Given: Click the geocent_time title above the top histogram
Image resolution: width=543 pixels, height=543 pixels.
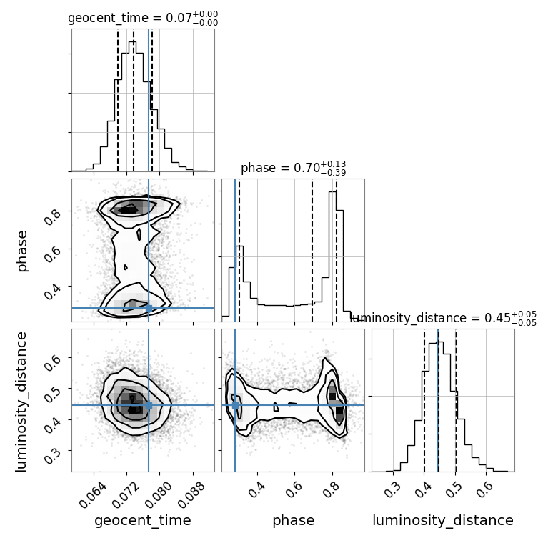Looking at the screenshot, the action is [x=143, y=18].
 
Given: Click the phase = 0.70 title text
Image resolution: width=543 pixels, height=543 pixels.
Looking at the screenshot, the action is [x=294, y=168].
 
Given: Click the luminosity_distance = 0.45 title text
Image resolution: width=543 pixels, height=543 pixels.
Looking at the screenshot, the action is [x=443, y=318].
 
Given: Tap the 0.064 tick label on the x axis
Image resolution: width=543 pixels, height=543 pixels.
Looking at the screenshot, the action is [x=93, y=495].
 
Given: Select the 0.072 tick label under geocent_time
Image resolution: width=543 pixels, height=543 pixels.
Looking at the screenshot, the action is [x=126, y=495].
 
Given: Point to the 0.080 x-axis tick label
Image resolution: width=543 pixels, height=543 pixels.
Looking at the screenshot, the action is [x=159, y=495].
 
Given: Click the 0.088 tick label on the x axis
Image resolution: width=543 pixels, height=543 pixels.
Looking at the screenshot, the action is [x=192, y=495].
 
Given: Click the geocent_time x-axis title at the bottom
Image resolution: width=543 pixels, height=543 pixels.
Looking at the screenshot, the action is [x=143, y=520].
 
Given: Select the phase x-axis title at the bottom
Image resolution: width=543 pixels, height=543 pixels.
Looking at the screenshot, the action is [x=294, y=520].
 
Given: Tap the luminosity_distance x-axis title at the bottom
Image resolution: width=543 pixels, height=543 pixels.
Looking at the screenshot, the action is [x=443, y=520].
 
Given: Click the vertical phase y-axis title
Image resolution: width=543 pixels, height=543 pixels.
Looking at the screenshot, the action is [x=21, y=251].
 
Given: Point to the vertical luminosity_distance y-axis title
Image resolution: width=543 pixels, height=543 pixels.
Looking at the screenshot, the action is [x=21, y=402].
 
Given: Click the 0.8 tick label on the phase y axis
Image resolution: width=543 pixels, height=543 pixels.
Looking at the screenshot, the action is [x=53, y=216].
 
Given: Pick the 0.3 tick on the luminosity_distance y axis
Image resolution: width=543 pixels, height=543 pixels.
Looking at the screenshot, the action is [x=53, y=455].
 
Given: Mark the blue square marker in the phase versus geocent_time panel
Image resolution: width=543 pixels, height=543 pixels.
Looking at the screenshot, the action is [x=149, y=308].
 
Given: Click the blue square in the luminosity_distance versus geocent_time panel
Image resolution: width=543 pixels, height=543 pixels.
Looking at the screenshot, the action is [x=149, y=405].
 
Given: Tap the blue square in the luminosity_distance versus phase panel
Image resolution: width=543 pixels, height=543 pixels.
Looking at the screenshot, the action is [x=235, y=405].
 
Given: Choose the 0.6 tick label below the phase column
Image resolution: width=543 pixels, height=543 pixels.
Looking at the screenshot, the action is [x=294, y=490].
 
